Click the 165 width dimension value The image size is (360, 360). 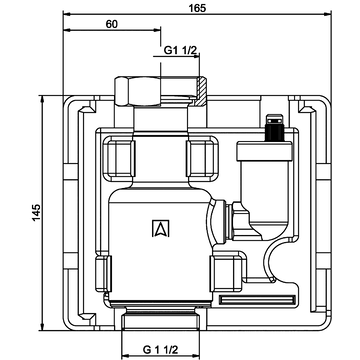click(x=197, y=8)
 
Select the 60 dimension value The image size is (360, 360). click(x=112, y=24)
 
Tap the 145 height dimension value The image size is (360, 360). click(x=36, y=212)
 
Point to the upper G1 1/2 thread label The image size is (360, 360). click(x=180, y=50)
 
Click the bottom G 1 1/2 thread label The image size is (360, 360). click(x=161, y=350)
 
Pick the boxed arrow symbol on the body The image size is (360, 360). click(x=161, y=228)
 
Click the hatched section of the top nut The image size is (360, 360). click(x=200, y=91)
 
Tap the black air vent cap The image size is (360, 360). click(x=274, y=128)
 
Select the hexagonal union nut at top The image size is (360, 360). click(x=137, y=91)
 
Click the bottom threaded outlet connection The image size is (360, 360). click(x=161, y=321)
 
